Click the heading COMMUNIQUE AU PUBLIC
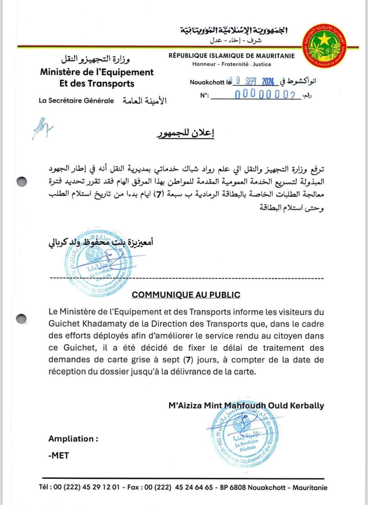[x=186, y=295]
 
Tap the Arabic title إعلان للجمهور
[x=186, y=133]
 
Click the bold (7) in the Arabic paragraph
[x=158, y=194]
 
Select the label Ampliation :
[x=73, y=439]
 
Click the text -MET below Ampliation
[x=59, y=455]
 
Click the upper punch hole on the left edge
[x=22, y=182]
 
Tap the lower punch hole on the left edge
[x=21, y=318]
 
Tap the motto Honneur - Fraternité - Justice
[x=232, y=64]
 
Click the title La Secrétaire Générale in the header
[x=76, y=100]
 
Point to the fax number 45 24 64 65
[x=194, y=487]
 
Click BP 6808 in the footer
[x=233, y=487]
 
